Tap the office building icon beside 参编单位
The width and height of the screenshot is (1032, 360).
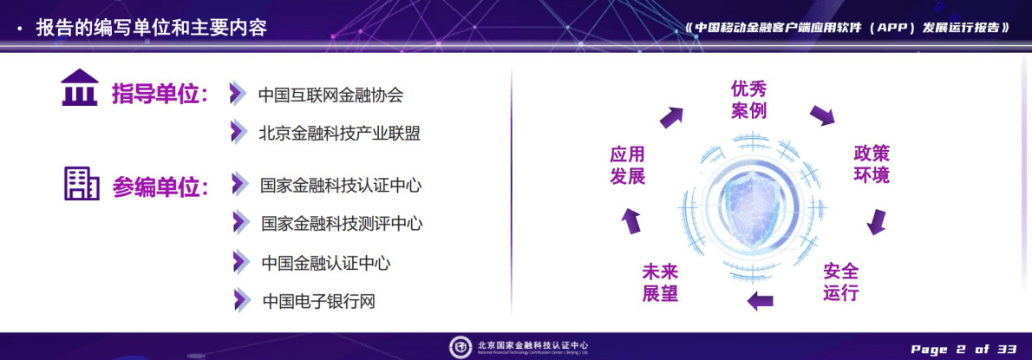tap(81, 183)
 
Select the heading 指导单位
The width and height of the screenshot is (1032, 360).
tap(160, 95)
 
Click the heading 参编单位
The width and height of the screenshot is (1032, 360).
tap(160, 187)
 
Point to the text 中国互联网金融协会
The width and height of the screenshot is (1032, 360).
tap(330, 95)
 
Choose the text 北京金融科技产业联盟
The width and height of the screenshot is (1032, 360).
tap(339, 133)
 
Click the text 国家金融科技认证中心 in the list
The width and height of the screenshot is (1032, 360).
tap(341, 185)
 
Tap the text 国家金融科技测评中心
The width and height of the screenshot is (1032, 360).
tap(342, 223)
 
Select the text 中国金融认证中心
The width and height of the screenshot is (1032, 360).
tap(325, 262)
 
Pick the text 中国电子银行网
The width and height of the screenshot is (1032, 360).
tap(318, 301)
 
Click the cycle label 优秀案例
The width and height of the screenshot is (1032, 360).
tap(748, 100)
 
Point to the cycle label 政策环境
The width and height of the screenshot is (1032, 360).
tap(871, 164)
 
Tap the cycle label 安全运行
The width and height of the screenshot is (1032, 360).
tap(840, 281)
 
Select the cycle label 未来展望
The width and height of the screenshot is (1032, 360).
tap(660, 282)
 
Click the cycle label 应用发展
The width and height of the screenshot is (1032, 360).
tap(627, 165)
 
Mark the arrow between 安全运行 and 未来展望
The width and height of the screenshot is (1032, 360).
tap(760, 301)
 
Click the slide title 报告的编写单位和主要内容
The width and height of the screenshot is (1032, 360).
tap(151, 28)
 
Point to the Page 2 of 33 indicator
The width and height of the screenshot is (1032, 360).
tap(963, 349)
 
